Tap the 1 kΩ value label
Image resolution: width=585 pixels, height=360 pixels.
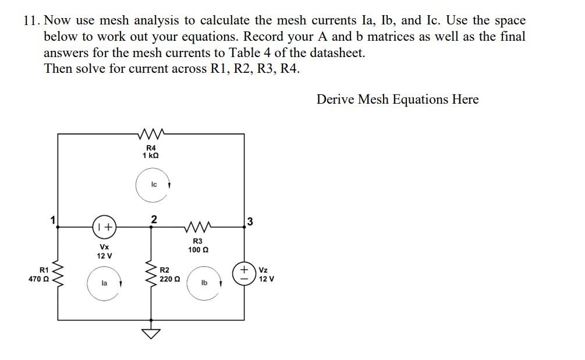pyautogui.click(x=151, y=157)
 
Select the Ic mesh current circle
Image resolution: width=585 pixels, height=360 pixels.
pyautogui.click(x=153, y=185)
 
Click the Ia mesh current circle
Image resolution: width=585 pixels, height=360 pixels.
pyautogui.click(x=104, y=284)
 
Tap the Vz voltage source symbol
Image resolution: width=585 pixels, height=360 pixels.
pyautogui.click(x=244, y=274)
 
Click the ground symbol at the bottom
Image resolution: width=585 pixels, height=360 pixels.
pyautogui.click(x=152, y=331)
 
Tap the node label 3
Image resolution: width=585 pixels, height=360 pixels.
pyautogui.click(x=250, y=221)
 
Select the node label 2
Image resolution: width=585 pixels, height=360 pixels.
pyautogui.click(x=153, y=219)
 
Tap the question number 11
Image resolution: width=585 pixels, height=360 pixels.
pyautogui.click(x=30, y=20)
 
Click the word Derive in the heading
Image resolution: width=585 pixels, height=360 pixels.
pyautogui.click(x=335, y=100)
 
